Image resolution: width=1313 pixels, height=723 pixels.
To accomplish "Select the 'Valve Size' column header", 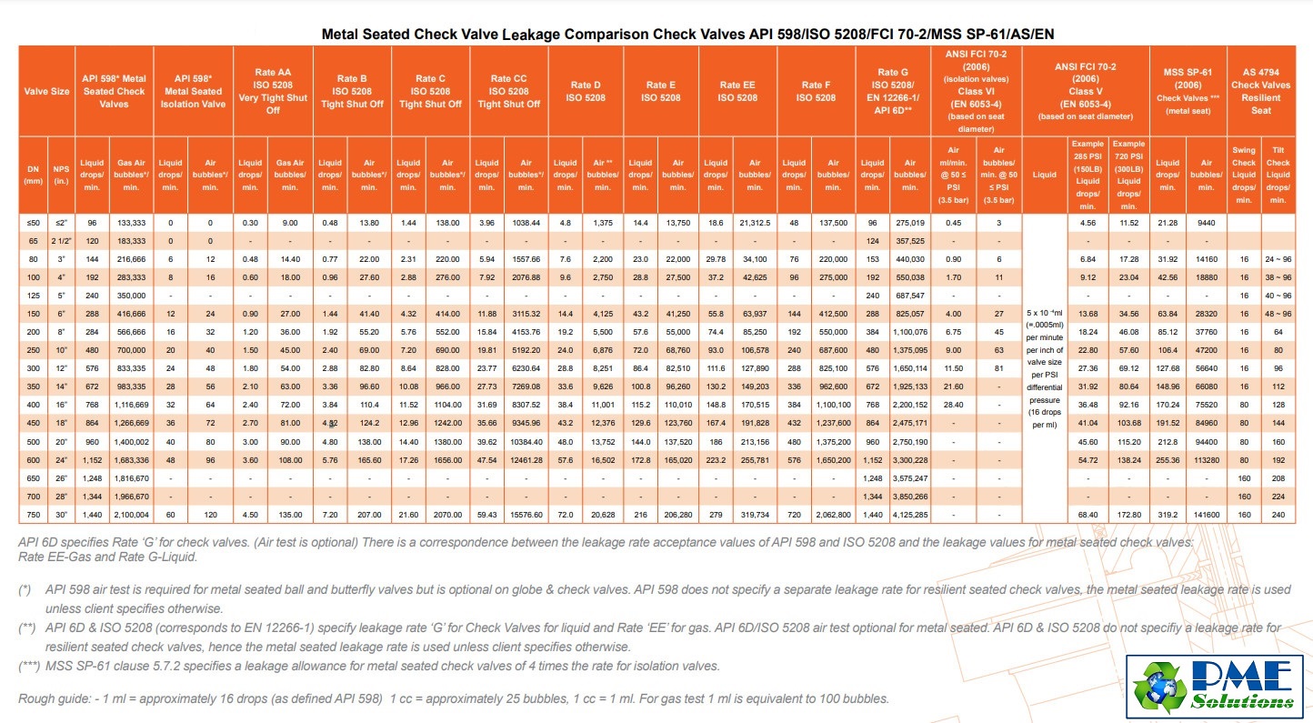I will point(48,91).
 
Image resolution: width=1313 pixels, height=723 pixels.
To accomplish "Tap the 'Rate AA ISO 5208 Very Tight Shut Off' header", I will point(272,91).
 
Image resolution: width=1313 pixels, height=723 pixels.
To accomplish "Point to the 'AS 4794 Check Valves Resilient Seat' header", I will point(1260,91).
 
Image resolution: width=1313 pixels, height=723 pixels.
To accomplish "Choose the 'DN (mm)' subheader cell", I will point(34,175).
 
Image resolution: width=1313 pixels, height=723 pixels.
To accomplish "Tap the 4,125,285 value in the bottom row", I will point(910,514).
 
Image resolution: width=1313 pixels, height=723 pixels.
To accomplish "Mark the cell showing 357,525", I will point(910,240).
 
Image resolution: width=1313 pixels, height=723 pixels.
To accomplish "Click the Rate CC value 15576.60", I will point(526,514).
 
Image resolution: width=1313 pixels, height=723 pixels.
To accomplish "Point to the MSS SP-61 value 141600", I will point(1205,514).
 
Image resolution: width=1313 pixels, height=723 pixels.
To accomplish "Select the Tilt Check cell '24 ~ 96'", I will point(1278,258).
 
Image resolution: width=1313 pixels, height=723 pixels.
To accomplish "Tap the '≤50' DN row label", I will point(34,222).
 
